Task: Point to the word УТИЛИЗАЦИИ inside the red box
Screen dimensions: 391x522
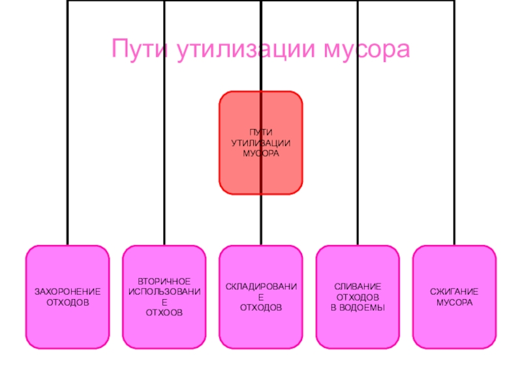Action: [x=261, y=143]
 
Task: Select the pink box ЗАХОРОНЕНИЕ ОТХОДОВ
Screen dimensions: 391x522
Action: [x=67, y=326]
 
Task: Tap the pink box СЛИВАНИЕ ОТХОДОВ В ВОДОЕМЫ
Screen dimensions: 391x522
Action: [x=358, y=326]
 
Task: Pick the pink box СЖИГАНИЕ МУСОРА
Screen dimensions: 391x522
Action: [x=454, y=326]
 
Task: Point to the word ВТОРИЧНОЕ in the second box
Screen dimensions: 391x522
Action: [x=164, y=280]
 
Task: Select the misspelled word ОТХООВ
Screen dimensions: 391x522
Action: [x=164, y=313]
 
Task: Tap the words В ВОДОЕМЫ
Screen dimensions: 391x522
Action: [x=358, y=306]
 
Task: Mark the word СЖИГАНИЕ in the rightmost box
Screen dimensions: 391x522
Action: [x=454, y=293]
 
